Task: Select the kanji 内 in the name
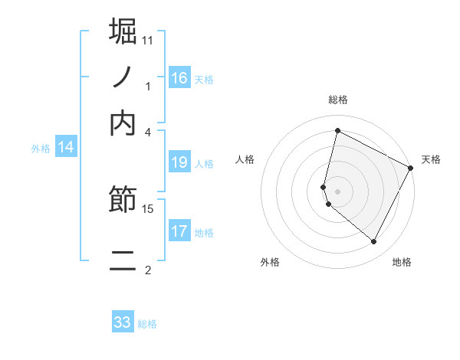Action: pyautogui.click(x=123, y=122)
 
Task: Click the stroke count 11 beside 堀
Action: pyautogui.click(x=148, y=40)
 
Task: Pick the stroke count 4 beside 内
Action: pyautogui.click(x=148, y=131)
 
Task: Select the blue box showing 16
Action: pyautogui.click(x=179, y=78)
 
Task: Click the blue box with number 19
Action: pyautogui.click(x=179, y=162)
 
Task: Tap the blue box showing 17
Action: pyautogui.click(x=179, y=231)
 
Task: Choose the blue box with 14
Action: pyautogui.click(x=66, y=148)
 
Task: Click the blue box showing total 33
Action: pyautogui.click(x=123, y=322)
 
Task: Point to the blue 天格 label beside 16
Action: pyautogui.click(x=204, y=79)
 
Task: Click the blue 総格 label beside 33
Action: pyautogui.click(x=147, y=324)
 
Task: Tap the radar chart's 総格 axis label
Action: pyautogui.click(x=337, y=100)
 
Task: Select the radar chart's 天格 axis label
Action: pyautogui.click(x=431, y=159)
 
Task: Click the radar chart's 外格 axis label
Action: pyautogui.click(x=270, y=262)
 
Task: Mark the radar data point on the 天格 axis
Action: pyautogui.click(x=411, y=168)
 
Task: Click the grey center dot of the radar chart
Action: pyautogui.click(x=337, y=191)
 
